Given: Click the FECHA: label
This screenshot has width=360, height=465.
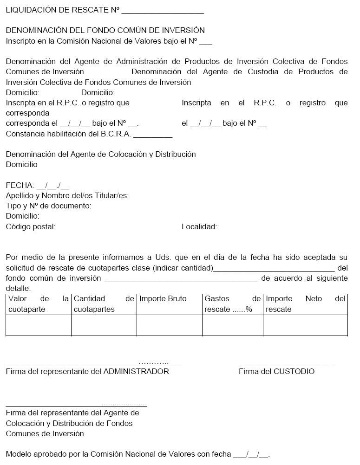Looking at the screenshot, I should (20, 186).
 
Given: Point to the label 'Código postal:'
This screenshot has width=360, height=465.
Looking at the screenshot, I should (31, 227).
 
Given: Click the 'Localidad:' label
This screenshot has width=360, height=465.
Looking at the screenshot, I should (199, 227).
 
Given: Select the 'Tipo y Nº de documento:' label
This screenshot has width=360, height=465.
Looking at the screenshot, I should (49, 206).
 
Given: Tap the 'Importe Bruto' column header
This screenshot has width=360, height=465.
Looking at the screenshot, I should (163, 299).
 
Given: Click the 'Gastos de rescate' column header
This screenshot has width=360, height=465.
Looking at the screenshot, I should (232, 304).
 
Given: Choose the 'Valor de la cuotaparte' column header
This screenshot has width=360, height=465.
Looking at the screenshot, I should (38, 304).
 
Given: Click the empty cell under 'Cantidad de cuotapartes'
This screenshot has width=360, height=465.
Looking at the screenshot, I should (104, 325).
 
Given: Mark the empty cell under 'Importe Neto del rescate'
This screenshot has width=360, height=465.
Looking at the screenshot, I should (305, 325).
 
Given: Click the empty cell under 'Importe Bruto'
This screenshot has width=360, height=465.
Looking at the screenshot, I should (169, 325).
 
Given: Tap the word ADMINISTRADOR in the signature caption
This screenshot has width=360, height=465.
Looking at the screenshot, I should (136, 372).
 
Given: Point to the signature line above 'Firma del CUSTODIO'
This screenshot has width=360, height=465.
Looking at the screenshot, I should (286, 365).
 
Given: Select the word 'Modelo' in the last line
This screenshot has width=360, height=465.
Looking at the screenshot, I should (18, 454).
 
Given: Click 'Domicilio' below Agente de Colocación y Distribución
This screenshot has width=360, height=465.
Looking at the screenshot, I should (22, 165).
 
